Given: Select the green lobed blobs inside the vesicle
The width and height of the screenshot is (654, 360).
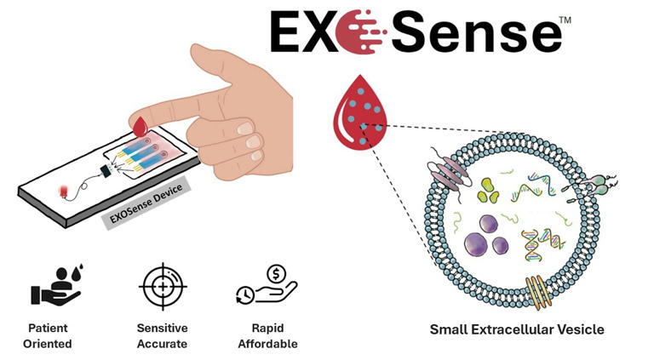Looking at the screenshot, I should pyautogui.click(x=490, y=191).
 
